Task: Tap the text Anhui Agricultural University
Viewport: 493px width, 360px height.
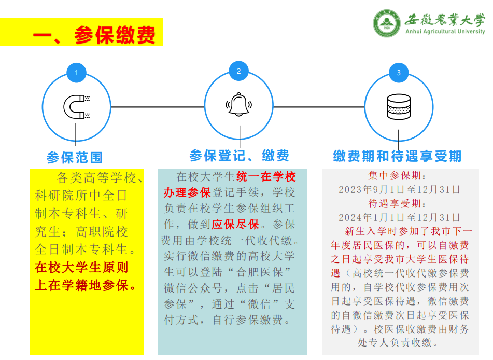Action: pyautogui.click(x=445, y=31)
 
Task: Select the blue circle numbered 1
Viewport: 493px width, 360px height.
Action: pyautogui.click(x=76, y=73)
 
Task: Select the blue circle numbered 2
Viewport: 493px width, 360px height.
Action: pyautogui.click(x=238, y=71)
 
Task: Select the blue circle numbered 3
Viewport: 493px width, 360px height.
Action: pyautogui.click(x=398, y=73)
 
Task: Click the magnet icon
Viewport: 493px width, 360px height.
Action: pyautogui.click(x=76, y=107)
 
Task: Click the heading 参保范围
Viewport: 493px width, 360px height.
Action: pyautogui.click(x=75, y=157)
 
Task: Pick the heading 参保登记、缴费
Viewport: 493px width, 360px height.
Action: pyautogui.click(x=239, y=155)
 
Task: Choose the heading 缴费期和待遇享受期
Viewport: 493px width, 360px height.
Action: pyautogui.click(x=397, y=156)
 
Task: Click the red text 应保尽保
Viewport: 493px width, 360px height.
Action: pyautogui.click(x=235, y=225)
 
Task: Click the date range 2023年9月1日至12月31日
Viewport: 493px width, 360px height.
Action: pyautogui.click(x=399, y=189)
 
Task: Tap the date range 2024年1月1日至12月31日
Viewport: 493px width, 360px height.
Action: pyautogui.click(x=399, y=217)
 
